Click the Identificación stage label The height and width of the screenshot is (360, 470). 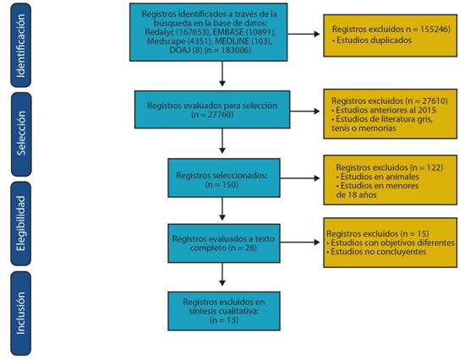click(x=21, y=46)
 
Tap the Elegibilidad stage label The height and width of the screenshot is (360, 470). click(x=21, y=224)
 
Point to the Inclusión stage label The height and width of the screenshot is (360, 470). click(x=21, y=314)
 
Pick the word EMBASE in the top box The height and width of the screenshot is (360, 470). click(x=228, y=32)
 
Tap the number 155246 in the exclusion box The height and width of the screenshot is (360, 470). click(x=434, y=29)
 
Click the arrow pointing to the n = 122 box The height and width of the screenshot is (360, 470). click(x=300, y=178)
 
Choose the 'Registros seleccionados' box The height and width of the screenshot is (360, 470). click(x=224, y=177)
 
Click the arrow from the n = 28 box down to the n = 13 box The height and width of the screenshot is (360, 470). click(x=222, y=275)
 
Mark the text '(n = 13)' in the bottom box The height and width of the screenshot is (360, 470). click(x=224, y=320)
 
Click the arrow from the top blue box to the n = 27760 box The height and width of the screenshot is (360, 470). click(x=222, y=74)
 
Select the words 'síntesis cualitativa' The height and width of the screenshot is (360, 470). click(x=224, y=311)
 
